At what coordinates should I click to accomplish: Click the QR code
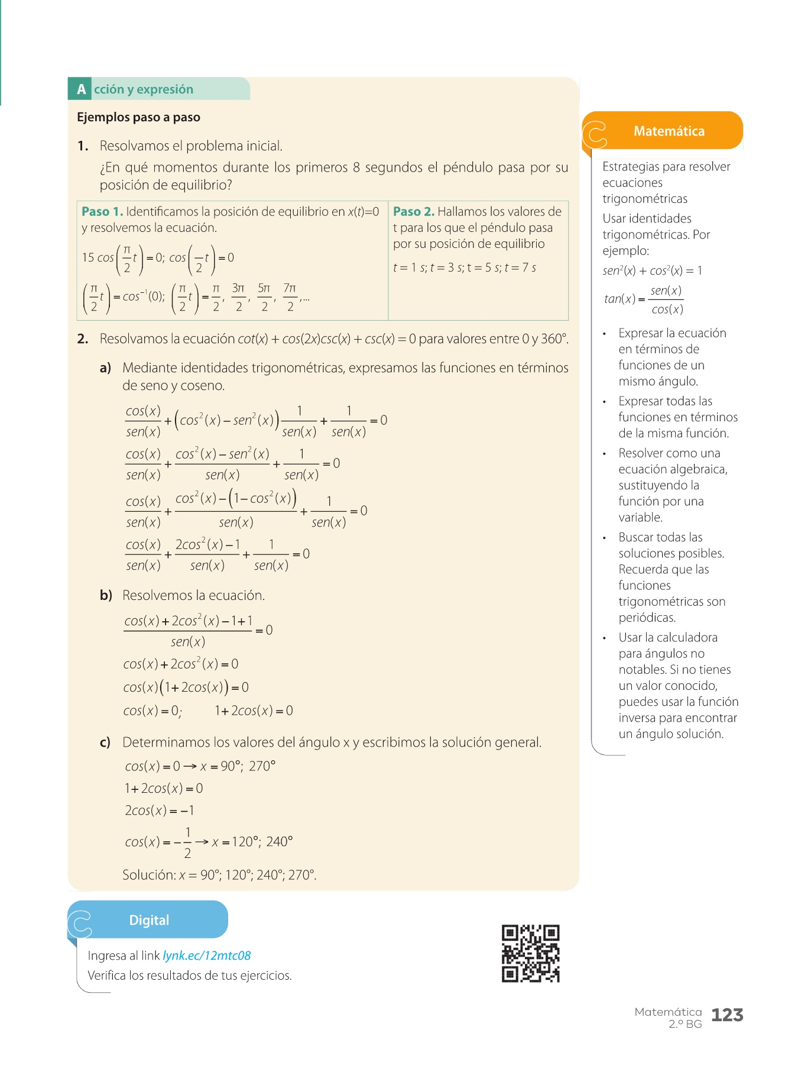pos(530,953)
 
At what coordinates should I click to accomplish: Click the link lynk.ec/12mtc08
pos(206,956)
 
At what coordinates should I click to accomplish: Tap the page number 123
pos(727,1015)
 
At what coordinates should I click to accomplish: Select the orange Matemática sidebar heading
pos(669,131)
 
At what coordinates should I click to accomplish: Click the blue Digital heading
pos(149,920)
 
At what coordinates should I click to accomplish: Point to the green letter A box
pos(80,89)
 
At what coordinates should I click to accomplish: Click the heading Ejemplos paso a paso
pos(138,117)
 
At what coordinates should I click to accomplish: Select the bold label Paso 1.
pos(102,212)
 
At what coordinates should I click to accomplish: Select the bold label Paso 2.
pos(414,212)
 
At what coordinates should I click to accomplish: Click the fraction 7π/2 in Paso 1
pos(290,297)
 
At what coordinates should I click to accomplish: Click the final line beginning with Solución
pos(219,875)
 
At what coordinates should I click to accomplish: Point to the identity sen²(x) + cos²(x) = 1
pos(652,271)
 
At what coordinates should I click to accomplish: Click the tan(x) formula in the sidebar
pos(643,299)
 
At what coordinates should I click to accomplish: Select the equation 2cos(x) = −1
pos(159,811)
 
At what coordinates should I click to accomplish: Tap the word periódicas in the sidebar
pos(647,618)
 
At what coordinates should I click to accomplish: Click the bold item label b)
pos(106,595)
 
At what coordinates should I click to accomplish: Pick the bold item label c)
pos(105,743)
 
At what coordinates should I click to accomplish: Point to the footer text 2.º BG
pos(685,1024)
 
